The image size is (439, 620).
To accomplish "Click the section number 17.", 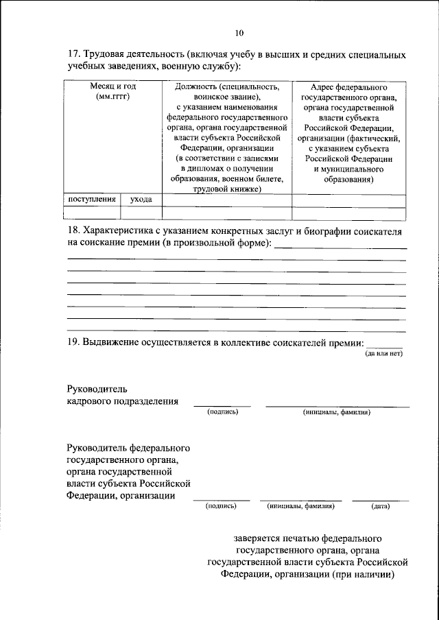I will (73, 54).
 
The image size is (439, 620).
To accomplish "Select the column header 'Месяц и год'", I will (112, 87).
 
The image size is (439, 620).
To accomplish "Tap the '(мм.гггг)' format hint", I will (112, 97).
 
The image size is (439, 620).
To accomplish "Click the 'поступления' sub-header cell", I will (91, 199).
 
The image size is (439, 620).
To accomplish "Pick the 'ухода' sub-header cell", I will (141, 199).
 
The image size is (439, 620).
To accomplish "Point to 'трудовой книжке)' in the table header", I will (227, 189).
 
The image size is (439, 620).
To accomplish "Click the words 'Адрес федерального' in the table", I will (348, 87).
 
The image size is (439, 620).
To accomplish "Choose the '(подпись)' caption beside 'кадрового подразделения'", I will (222, 413).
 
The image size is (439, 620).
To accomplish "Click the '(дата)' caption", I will (380, 507).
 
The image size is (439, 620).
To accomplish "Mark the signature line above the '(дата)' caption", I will (380, 501).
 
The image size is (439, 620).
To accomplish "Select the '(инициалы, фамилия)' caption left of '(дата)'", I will (300, 507).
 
